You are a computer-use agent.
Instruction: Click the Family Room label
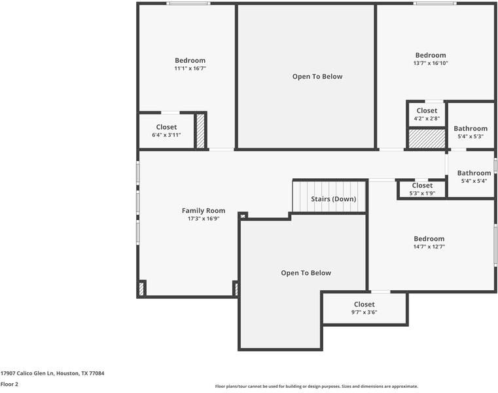(204, 211)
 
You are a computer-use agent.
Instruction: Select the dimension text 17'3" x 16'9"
(204, 219)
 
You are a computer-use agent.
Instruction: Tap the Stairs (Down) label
(334, 199)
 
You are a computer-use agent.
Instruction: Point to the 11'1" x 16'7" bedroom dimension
(190, 68)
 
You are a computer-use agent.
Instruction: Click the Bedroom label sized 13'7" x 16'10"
(431, 56)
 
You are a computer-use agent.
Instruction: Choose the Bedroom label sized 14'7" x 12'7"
(429, 239)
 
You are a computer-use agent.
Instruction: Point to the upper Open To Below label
(317, 77)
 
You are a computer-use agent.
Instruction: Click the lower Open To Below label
(306, 273)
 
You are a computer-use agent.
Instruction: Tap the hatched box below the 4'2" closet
(427, 138)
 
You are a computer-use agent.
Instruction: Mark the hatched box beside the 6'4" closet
(201, 131)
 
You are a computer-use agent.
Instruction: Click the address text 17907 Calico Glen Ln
(52, 373)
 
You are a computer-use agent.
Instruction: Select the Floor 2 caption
(9, 384)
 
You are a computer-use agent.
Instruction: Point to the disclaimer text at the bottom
(317, 386)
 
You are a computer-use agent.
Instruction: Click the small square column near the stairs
(243, 215)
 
